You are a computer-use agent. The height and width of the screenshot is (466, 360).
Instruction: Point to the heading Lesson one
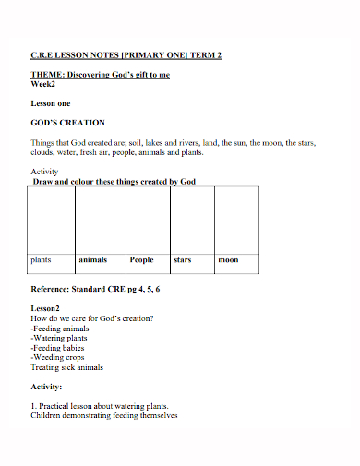[51, 103]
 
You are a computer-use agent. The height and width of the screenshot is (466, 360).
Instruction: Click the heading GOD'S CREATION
[68, 123]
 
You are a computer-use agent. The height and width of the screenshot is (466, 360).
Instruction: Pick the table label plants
[41, 260]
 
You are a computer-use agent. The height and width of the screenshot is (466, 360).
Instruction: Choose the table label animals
[93, 260]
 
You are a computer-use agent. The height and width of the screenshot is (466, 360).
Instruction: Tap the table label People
[142, 260]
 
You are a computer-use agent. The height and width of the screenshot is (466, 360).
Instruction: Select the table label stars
[183, 260]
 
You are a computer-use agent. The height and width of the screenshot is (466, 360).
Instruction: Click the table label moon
[228, 260]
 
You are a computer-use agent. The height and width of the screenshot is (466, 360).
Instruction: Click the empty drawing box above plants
[52, 219]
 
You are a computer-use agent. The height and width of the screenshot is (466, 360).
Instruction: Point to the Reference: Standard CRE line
[96, 290]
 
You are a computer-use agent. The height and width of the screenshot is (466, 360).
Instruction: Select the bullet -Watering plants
[62, 338]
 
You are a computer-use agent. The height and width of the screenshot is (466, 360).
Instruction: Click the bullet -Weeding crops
[60, 357]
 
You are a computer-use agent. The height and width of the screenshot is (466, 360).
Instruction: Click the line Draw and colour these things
[114, 182]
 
